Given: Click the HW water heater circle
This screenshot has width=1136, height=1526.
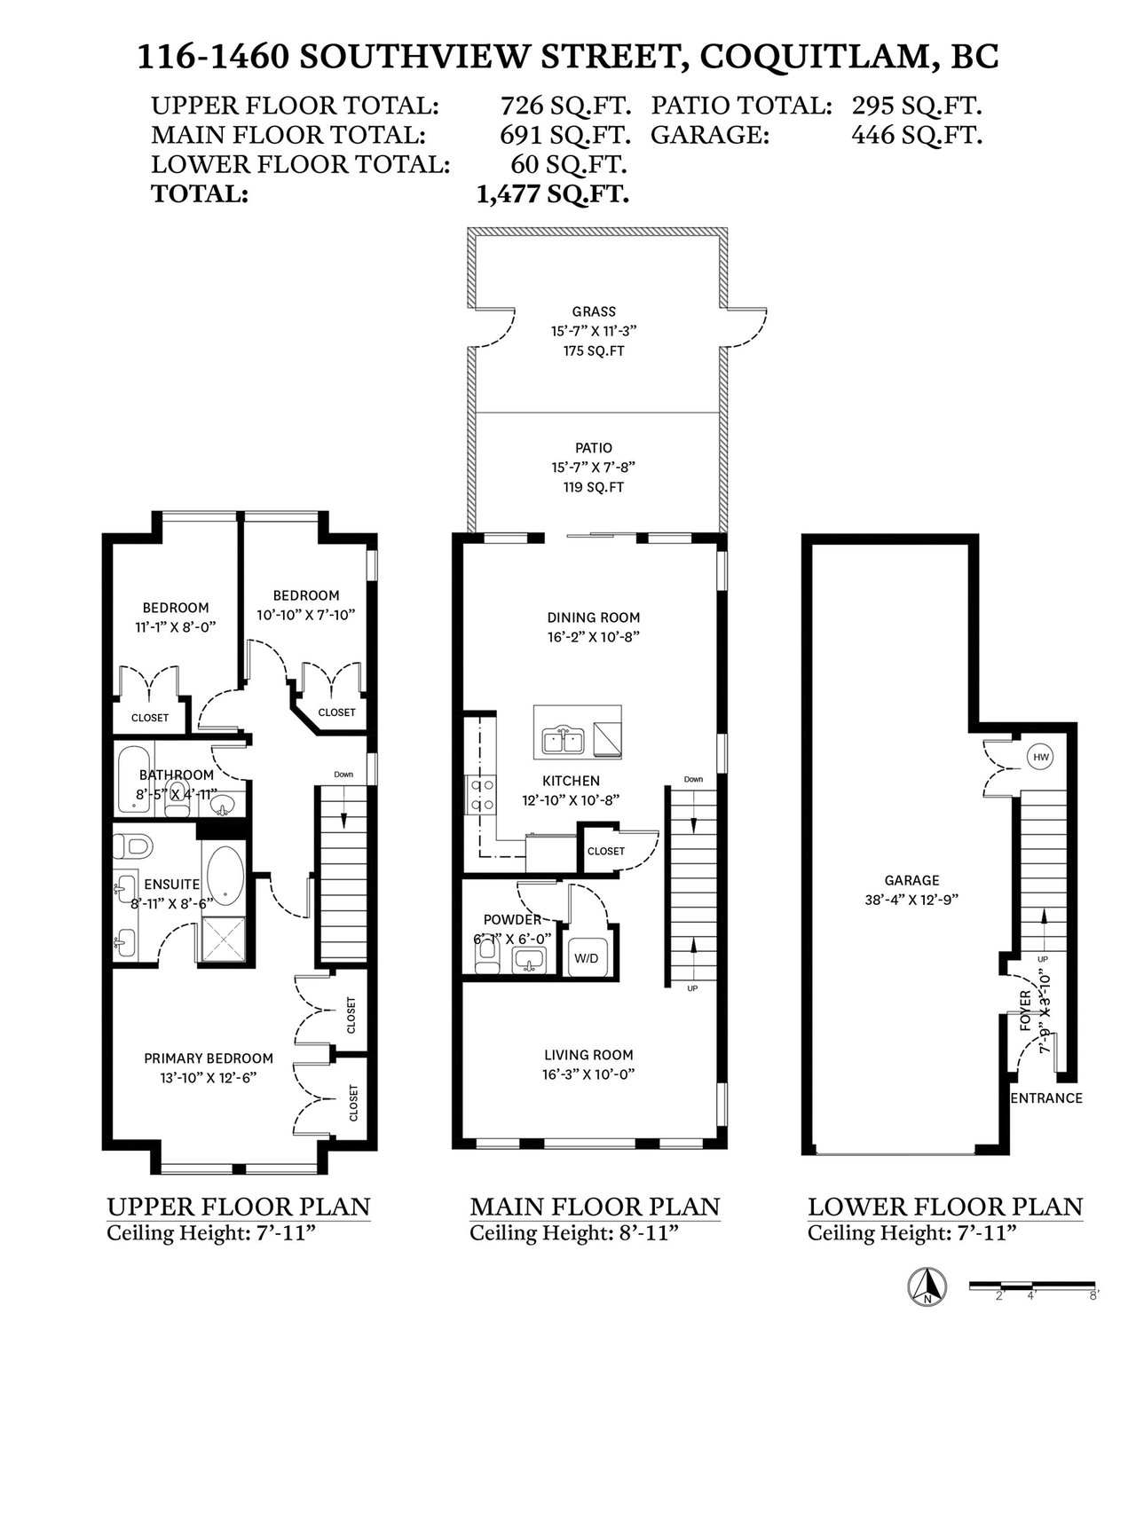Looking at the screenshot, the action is point(1040,758).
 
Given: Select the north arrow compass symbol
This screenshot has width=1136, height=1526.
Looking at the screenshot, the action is point(927,1286).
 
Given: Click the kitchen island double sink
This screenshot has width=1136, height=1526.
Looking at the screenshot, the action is point(564,739).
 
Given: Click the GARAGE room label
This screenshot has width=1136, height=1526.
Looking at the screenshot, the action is point(911,880).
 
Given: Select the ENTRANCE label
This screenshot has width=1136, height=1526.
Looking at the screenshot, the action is point(1047,1097).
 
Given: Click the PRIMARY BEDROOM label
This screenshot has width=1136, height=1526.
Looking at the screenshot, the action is point(209,1058).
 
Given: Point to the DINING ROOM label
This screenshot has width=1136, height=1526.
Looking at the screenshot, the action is point(593,617).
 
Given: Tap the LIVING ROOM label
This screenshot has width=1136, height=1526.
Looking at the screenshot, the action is point(588,1055).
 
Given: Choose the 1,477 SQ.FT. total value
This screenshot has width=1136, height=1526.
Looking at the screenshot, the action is point(553,193).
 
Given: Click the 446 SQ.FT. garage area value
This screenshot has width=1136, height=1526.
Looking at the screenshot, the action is point(917,135).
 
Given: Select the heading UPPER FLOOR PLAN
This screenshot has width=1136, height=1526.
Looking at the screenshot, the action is point(239,1207).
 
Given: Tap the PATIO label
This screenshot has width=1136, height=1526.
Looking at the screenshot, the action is point(593,448).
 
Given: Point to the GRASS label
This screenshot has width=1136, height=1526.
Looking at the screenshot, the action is point(594,311).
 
